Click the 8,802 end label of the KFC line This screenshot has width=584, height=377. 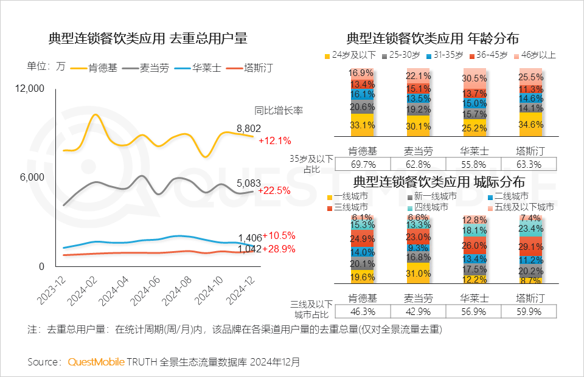(249, 128)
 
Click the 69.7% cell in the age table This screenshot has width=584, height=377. (362, 164)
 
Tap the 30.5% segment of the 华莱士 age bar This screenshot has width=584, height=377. (474, 78)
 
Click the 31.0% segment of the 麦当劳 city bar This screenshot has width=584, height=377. (418, 274)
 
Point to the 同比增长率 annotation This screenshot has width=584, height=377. (279, 111)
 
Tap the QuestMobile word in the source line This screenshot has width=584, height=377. (96, 362)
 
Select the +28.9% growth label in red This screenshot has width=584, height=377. (279, 249)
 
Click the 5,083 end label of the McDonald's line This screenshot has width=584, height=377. (249, 182)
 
